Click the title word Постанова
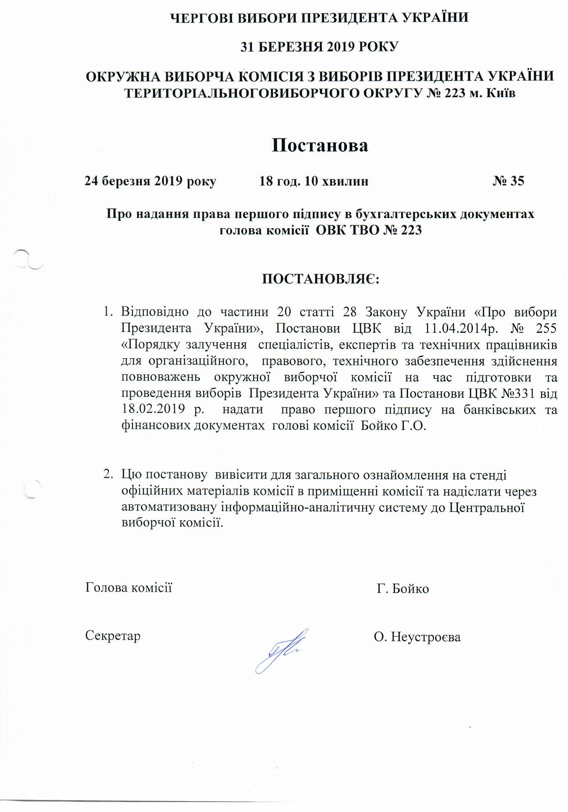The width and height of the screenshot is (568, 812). pos(320,145)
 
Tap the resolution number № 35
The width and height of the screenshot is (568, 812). pos(508,181)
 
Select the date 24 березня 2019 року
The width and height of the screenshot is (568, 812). pos(150,181)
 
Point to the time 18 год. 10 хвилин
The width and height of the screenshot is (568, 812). pos(314,181)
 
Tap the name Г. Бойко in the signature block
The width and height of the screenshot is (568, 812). pos(403,588)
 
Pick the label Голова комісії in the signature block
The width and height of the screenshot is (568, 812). pos(129,587)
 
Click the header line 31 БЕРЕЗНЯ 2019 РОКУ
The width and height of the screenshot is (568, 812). pos(320,47)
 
